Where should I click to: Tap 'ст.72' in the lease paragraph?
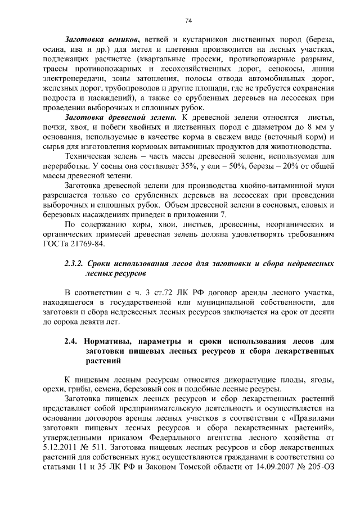[x=160, y=292]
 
